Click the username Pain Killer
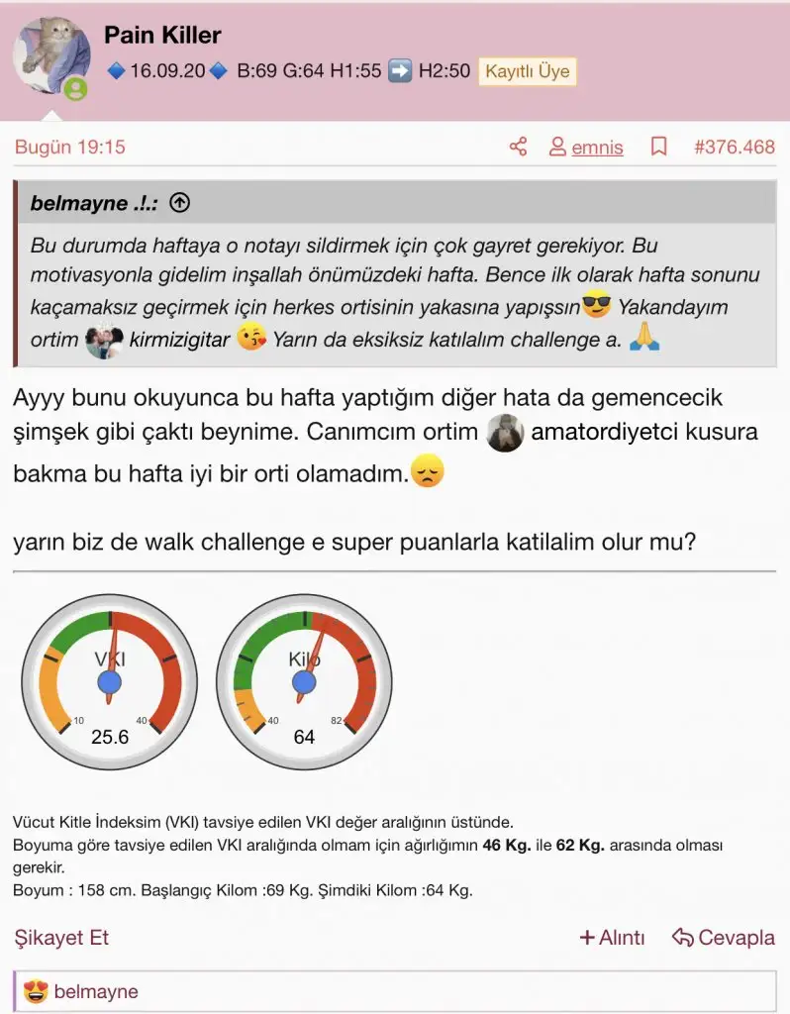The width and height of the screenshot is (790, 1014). pos(162,36)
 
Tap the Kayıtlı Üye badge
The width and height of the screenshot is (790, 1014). pos(526,71)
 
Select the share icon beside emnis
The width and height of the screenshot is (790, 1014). pos(518,148)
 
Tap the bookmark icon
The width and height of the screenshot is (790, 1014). pos(658,148)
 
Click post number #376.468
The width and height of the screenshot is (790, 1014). pos(734,148)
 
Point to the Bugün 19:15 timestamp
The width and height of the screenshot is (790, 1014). pos(69,148)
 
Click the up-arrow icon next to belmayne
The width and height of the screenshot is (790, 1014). pos(179,204)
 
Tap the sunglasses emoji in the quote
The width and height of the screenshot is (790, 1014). pos(596,306)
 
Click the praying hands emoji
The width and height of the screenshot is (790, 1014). pos(645,340)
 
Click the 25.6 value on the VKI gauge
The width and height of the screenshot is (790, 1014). pos(110,737)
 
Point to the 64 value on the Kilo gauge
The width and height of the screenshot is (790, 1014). pos(304,737)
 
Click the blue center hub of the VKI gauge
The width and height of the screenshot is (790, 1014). pos(110,681)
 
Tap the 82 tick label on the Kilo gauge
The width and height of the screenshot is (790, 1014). pos(337,720)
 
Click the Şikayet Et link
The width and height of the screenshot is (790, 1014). pos(61,938)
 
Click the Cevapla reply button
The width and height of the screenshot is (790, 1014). pos(723,938)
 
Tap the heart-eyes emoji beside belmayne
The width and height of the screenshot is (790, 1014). pos(37,991)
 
